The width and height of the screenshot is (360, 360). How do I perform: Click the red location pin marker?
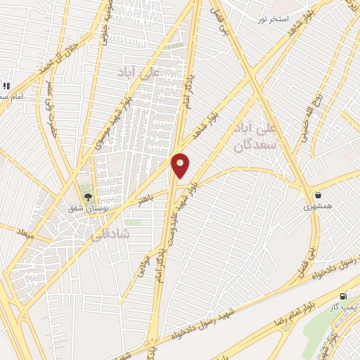[181, 165]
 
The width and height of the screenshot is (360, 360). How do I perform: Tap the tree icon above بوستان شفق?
[89, 198]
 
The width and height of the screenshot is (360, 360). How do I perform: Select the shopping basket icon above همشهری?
[319, 195]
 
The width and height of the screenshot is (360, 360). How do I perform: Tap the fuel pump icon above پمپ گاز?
[343, 296]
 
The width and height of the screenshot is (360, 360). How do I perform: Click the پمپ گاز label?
[345, 308]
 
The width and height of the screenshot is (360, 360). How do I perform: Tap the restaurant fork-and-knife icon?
[6, 86]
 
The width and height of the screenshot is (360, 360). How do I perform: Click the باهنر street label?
[146, 200]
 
